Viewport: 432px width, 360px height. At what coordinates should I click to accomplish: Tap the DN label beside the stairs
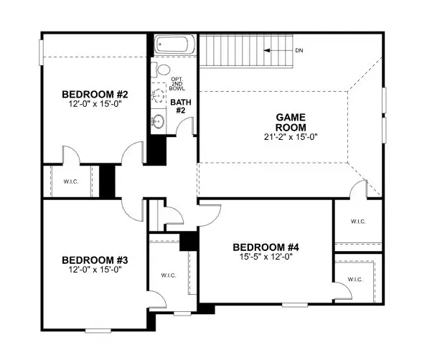[299, 51]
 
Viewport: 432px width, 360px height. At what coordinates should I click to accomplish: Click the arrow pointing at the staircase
[275, 51]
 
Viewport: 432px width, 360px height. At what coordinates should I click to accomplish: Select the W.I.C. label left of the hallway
[70, 181]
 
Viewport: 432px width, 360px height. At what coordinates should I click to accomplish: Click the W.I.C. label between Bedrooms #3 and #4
[168, 275]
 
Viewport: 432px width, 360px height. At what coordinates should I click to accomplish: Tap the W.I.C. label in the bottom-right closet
[356, 279]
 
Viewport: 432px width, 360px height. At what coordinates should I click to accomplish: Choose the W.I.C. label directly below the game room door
[357, 222]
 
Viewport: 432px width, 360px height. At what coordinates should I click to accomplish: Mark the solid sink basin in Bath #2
[159, 122]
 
